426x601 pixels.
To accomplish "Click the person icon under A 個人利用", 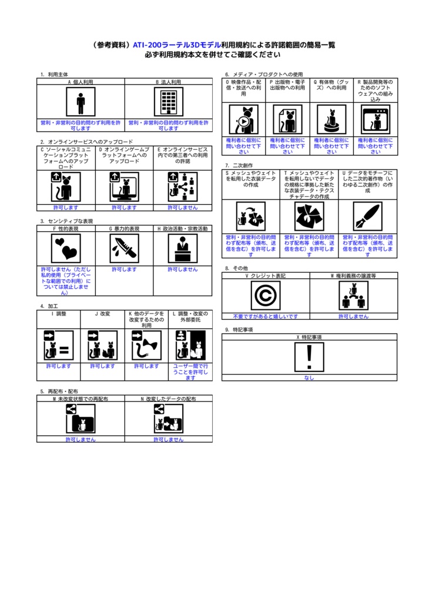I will click(80, 102).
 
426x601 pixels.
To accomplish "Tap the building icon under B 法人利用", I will click(169, 102).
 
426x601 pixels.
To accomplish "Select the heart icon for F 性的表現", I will click(65, 248).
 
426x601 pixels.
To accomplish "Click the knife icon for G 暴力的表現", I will click(124, 248).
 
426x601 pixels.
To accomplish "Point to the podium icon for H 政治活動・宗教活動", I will click(183, 248).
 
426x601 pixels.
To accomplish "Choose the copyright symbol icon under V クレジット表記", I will click(266, 295).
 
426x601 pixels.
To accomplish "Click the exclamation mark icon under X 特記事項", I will click(309, 357).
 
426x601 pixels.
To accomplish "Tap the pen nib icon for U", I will click(367, 217).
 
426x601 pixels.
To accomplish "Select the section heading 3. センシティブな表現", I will click(66, 221).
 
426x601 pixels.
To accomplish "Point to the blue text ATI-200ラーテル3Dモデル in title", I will click(176, 45).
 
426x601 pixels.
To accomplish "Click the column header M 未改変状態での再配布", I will click(80, 399).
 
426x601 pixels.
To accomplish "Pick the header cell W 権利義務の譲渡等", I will click(353, 275).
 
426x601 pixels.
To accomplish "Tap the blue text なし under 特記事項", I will click(309, 378).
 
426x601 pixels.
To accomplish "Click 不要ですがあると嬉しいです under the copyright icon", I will click(266, 316).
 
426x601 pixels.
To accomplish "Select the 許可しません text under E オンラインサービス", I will click(183, 208).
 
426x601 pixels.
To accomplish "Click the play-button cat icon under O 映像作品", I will click(243, 120).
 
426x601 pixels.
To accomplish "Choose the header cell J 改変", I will click(102, 314).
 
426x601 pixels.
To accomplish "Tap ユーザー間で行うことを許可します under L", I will click(190, 372).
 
